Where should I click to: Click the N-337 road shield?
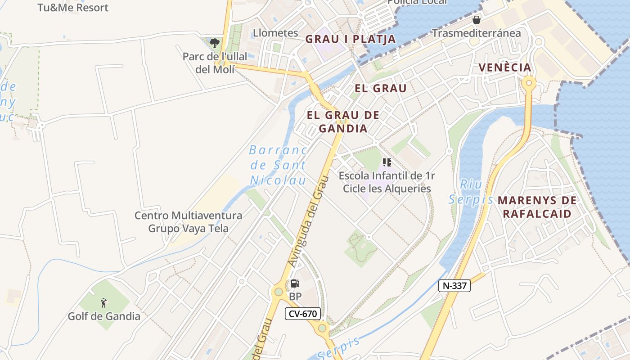coord(454,285)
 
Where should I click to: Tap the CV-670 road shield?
coord(302,314)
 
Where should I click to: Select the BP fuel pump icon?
coord(295,283)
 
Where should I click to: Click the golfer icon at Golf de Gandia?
coord(104,303)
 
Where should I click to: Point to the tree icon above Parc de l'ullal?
coord(215,43)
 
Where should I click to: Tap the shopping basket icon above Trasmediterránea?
coord(477,20)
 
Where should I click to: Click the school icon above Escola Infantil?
coord(387,162)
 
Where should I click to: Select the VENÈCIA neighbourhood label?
coord(504,68)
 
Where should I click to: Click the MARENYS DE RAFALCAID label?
coord(536,207)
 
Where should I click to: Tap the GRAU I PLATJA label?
coord(351,39)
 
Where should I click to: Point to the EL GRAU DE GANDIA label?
coord(343,121)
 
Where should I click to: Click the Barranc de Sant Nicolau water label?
coord(278,165)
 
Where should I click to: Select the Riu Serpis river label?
coord(470,192)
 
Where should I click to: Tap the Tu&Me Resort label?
coord(73,8)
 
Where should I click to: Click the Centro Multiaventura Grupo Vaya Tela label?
coord(189,222)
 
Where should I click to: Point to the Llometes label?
coord(275,33)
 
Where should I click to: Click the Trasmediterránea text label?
coord(476,33)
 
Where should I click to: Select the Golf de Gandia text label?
coord(104,316)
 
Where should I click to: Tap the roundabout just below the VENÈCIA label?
coord(529,83)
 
